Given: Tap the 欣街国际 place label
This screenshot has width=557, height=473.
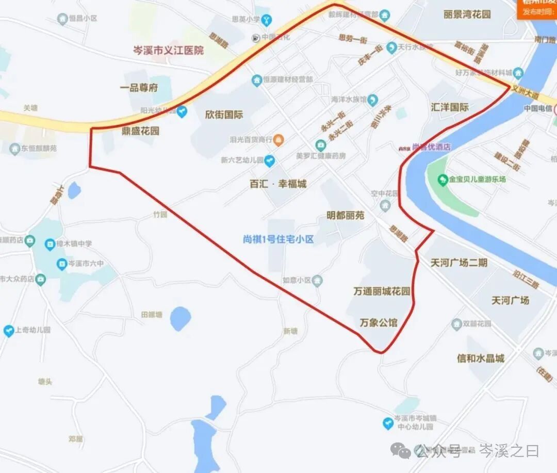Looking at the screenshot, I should click(224, 115).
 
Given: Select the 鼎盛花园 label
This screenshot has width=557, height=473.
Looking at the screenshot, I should click(140, 131).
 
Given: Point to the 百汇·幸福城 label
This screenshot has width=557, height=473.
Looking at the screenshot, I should click(278, 184).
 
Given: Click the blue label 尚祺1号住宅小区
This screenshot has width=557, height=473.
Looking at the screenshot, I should click(278, 239).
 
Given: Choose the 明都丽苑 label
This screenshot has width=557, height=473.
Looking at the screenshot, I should click(346, 215).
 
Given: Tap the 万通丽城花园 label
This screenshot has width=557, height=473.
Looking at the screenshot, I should click(382, 291).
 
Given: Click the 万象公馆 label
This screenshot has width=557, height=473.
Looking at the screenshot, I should click(379, 323).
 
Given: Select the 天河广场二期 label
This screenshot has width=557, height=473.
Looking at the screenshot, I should click(459, 263).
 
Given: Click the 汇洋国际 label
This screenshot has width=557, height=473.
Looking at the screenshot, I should click(450, 107).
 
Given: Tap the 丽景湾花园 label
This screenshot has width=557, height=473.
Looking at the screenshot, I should click(467, 14).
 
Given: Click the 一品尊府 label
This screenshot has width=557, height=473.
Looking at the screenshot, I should click(139, 88).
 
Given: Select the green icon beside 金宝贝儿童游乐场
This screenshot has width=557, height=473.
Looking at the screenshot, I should click(443, 180).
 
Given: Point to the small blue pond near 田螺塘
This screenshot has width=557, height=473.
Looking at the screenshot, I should click(181, 318).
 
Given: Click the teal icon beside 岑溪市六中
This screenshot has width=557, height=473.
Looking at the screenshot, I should click(61, 264).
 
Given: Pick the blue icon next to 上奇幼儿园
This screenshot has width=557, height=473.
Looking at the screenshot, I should click(9, 331).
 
